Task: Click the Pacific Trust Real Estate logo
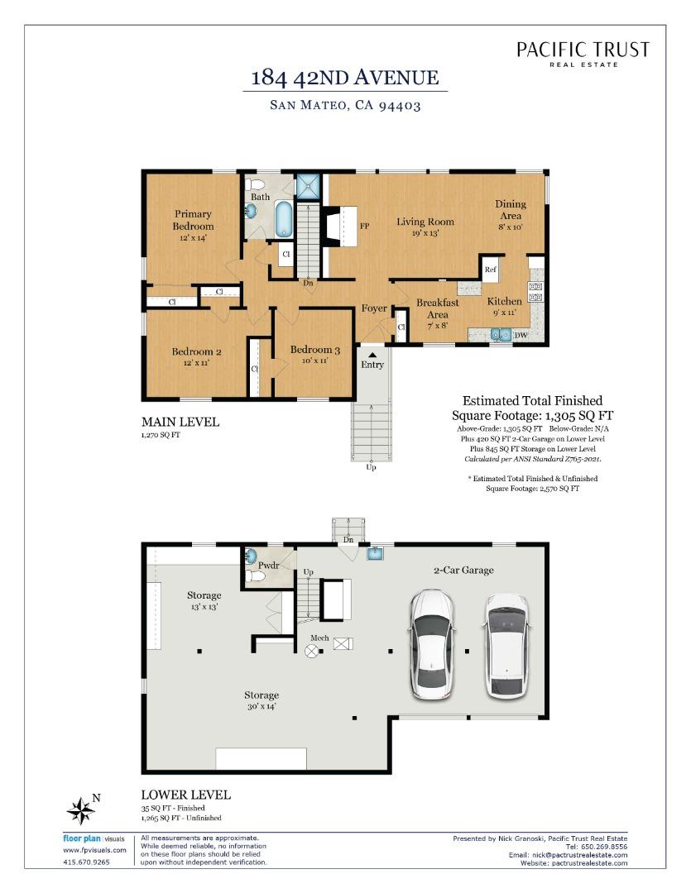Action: point(583,54)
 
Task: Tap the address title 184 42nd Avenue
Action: point(344,79)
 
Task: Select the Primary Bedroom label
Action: point(193,220)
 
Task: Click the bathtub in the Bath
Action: point(283,219)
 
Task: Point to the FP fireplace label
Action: point(363,225)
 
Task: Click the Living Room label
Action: point(425,221)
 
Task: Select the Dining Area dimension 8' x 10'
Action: point(511,226)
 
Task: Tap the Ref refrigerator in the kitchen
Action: point(490,270)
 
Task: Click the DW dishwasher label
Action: point(522,335)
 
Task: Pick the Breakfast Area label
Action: point(437,308)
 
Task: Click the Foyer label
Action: point(374,308)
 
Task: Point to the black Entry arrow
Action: point(372,354)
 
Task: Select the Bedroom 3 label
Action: point(314,350)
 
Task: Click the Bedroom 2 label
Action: point(196,351)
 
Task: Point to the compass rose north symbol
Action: point(81,810)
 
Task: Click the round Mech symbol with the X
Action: point(312,652)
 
